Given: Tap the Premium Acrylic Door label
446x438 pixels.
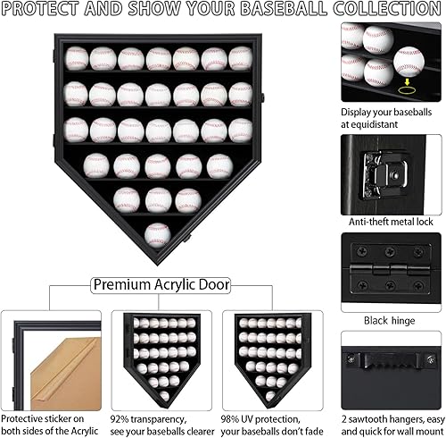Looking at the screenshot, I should click(161, 285).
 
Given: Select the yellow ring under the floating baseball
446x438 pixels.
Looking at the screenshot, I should click(409, 88).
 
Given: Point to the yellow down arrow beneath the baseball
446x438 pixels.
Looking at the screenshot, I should click(409, 78).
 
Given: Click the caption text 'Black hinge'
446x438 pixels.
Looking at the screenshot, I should click(390, 319).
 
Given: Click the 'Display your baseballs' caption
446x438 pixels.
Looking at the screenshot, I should click(390, 118).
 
